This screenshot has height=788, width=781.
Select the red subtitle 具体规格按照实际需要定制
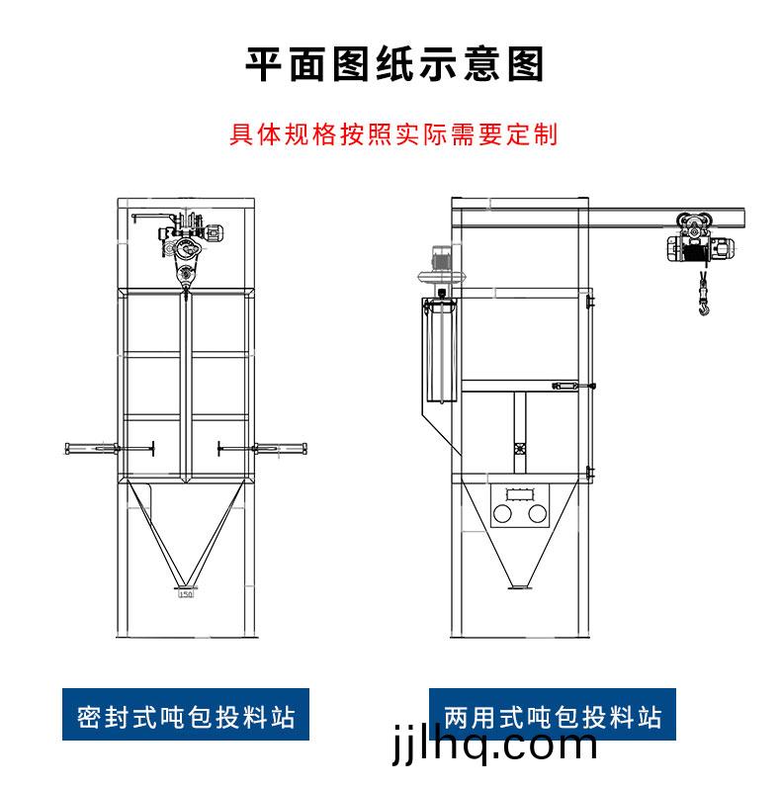[394, 134]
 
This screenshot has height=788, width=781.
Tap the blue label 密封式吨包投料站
[186, 716]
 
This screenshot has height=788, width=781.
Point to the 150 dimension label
[185, 594]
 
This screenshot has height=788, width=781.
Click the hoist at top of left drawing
[188, 242]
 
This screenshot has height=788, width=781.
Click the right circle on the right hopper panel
[538, 515]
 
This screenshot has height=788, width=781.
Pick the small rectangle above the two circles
[520, 492]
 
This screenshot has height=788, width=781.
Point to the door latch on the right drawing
[568, 386]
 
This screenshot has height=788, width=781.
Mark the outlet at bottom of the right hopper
[517, 590]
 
